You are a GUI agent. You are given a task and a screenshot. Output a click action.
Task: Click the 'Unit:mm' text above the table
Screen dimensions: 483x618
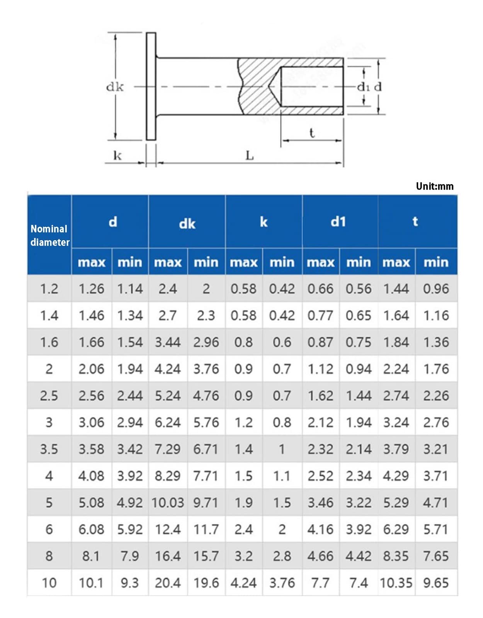tap(434, 186)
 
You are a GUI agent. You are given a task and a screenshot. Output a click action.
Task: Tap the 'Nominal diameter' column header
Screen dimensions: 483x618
tap(50, 236)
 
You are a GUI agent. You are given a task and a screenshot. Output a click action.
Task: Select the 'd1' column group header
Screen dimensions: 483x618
tap(338, 222)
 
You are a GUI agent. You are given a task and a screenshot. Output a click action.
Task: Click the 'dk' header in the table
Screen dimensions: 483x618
tap(187, 224)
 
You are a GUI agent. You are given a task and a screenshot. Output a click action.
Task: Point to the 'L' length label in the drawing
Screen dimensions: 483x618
tap(249, 156)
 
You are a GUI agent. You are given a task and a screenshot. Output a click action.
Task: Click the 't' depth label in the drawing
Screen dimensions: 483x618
tap(312, 133)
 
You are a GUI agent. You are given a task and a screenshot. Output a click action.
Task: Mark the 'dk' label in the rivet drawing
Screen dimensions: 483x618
tap(115, 87)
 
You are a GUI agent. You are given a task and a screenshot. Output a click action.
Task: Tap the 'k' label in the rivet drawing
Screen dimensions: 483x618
tap(117, 155)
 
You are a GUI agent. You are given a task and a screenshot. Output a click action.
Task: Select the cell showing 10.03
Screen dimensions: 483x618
tap(168, 503)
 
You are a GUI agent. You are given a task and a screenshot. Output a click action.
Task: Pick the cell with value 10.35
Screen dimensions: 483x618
tap(396, 583)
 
